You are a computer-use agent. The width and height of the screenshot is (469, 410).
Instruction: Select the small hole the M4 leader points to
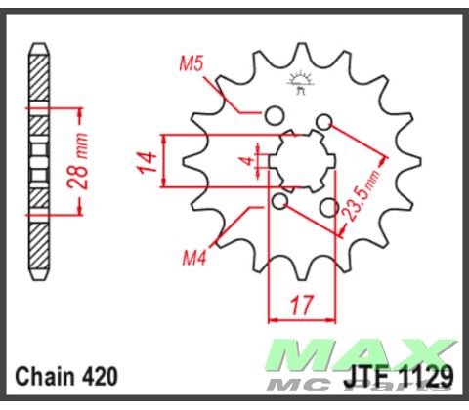(280, 201)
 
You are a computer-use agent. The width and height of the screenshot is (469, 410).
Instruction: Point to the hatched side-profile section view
(38, 161)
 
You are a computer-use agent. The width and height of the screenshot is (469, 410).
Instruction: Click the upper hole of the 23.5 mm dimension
(323, 120)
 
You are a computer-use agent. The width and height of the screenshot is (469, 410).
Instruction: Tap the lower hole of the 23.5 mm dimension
(328, 207)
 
